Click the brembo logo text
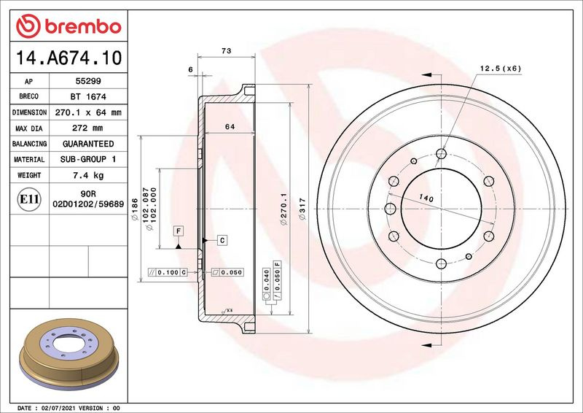83,27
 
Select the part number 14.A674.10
69,58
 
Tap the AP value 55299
88,81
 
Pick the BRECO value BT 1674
88,97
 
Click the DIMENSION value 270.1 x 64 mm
88,112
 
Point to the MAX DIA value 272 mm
87,128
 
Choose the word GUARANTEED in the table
88,144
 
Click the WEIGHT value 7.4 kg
88,175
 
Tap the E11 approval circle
29,199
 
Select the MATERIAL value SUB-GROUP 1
88,159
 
